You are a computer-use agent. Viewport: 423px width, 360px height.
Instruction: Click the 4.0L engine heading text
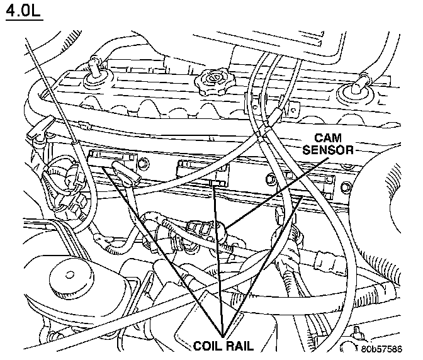[x=24, y=12]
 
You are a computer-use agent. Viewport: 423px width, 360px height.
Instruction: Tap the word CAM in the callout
[x=328, y=138]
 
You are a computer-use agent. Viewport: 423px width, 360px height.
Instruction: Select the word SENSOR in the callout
[x=328, y=150]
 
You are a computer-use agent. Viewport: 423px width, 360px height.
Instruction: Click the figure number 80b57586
[x=381, y=349]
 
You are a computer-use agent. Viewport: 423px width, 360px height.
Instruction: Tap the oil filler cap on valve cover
[x=215, y=82]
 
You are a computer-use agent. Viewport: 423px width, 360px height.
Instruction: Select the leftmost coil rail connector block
[x=113, y=161]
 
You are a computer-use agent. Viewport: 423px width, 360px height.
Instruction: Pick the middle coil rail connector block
[x=203, y=172]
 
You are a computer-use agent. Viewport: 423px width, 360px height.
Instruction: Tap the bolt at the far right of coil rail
[x=346, y=187]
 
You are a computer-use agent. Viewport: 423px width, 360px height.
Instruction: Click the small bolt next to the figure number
[x=357, y=331]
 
